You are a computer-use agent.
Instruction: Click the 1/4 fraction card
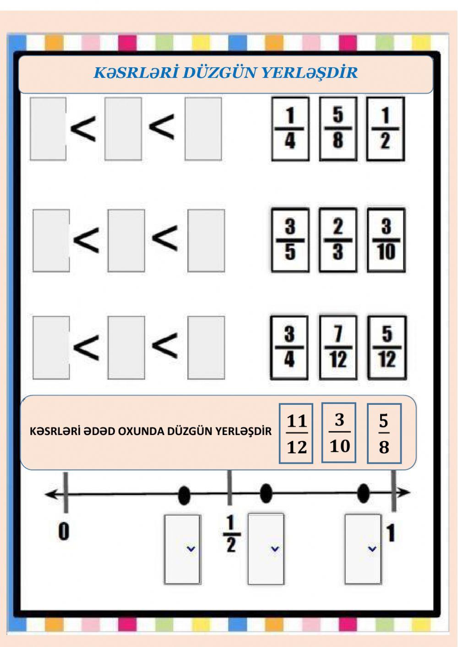[x=290, y=129]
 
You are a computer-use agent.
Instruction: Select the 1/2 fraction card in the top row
[x=386, y=129]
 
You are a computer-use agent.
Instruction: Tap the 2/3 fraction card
[x=338, y=240]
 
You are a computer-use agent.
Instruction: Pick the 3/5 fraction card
[x=290, y=240]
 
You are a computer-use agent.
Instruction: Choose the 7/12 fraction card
[x=338, y=348]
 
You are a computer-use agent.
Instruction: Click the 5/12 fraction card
[x=387, y=348]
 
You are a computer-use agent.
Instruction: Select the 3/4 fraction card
[x=289, y=348]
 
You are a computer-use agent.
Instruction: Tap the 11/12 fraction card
[x=296, y=433]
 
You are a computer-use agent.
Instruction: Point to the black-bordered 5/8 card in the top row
[x=338, y=129]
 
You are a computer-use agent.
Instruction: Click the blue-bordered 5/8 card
[x=384, y=433]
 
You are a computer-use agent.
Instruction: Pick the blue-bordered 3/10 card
[x=338, y=433]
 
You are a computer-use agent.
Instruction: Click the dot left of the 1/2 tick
[x=184, y=495]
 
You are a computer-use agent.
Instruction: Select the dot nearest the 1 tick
[x=363, y=493]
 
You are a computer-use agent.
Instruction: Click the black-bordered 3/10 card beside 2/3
[x=387, y=240]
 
